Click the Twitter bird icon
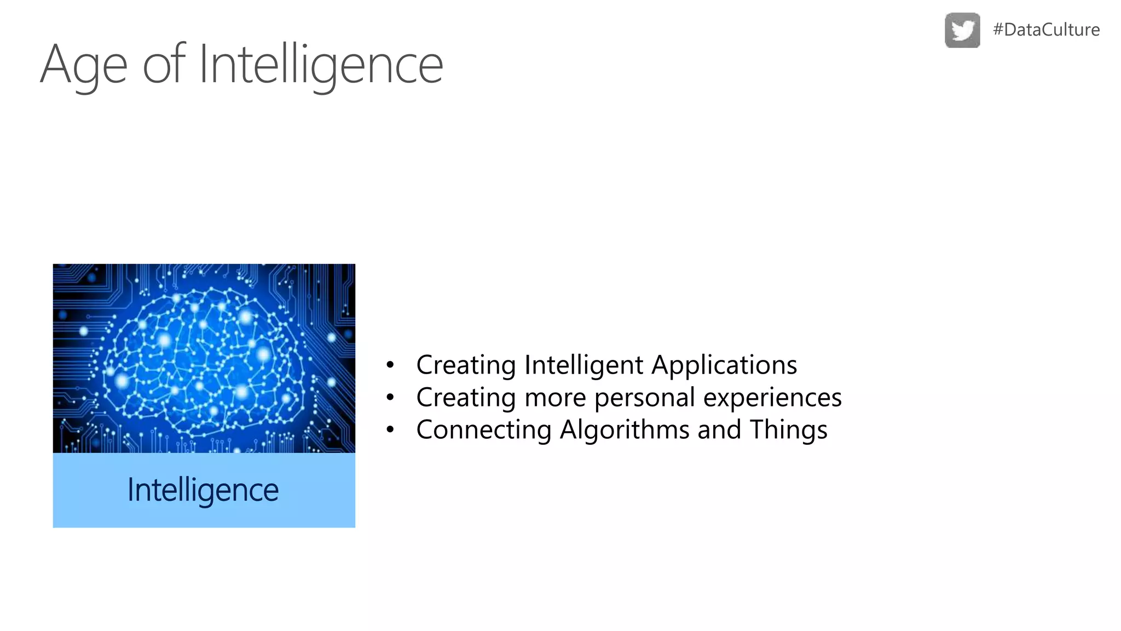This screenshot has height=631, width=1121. (x=962, y=30)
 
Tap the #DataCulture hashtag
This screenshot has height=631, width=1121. (x=1046, y=30)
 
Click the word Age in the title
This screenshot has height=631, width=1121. (x=84, y=66)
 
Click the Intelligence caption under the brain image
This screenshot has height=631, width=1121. (x=203, y=490)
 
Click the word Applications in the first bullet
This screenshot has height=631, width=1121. (x=724, y=365)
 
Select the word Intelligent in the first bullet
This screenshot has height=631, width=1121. (x=583, y=365)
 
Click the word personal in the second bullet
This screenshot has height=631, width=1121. (x=645, y=398)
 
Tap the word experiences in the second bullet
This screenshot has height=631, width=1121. (x=772, y=398)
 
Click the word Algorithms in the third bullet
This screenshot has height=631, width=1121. (x=624, y=430)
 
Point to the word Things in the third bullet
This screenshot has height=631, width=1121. (x=788, y=430)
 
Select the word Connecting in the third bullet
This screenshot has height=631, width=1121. (x=483, y=430)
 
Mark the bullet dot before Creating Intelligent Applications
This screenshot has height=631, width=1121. (x=390, y=365)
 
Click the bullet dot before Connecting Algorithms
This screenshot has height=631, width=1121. (x=390, y=429)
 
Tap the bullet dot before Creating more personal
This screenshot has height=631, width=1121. (x=390, y=397)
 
